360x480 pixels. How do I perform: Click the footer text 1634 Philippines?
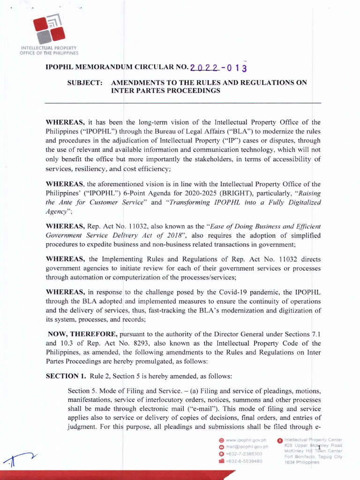[x=302, y=462]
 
